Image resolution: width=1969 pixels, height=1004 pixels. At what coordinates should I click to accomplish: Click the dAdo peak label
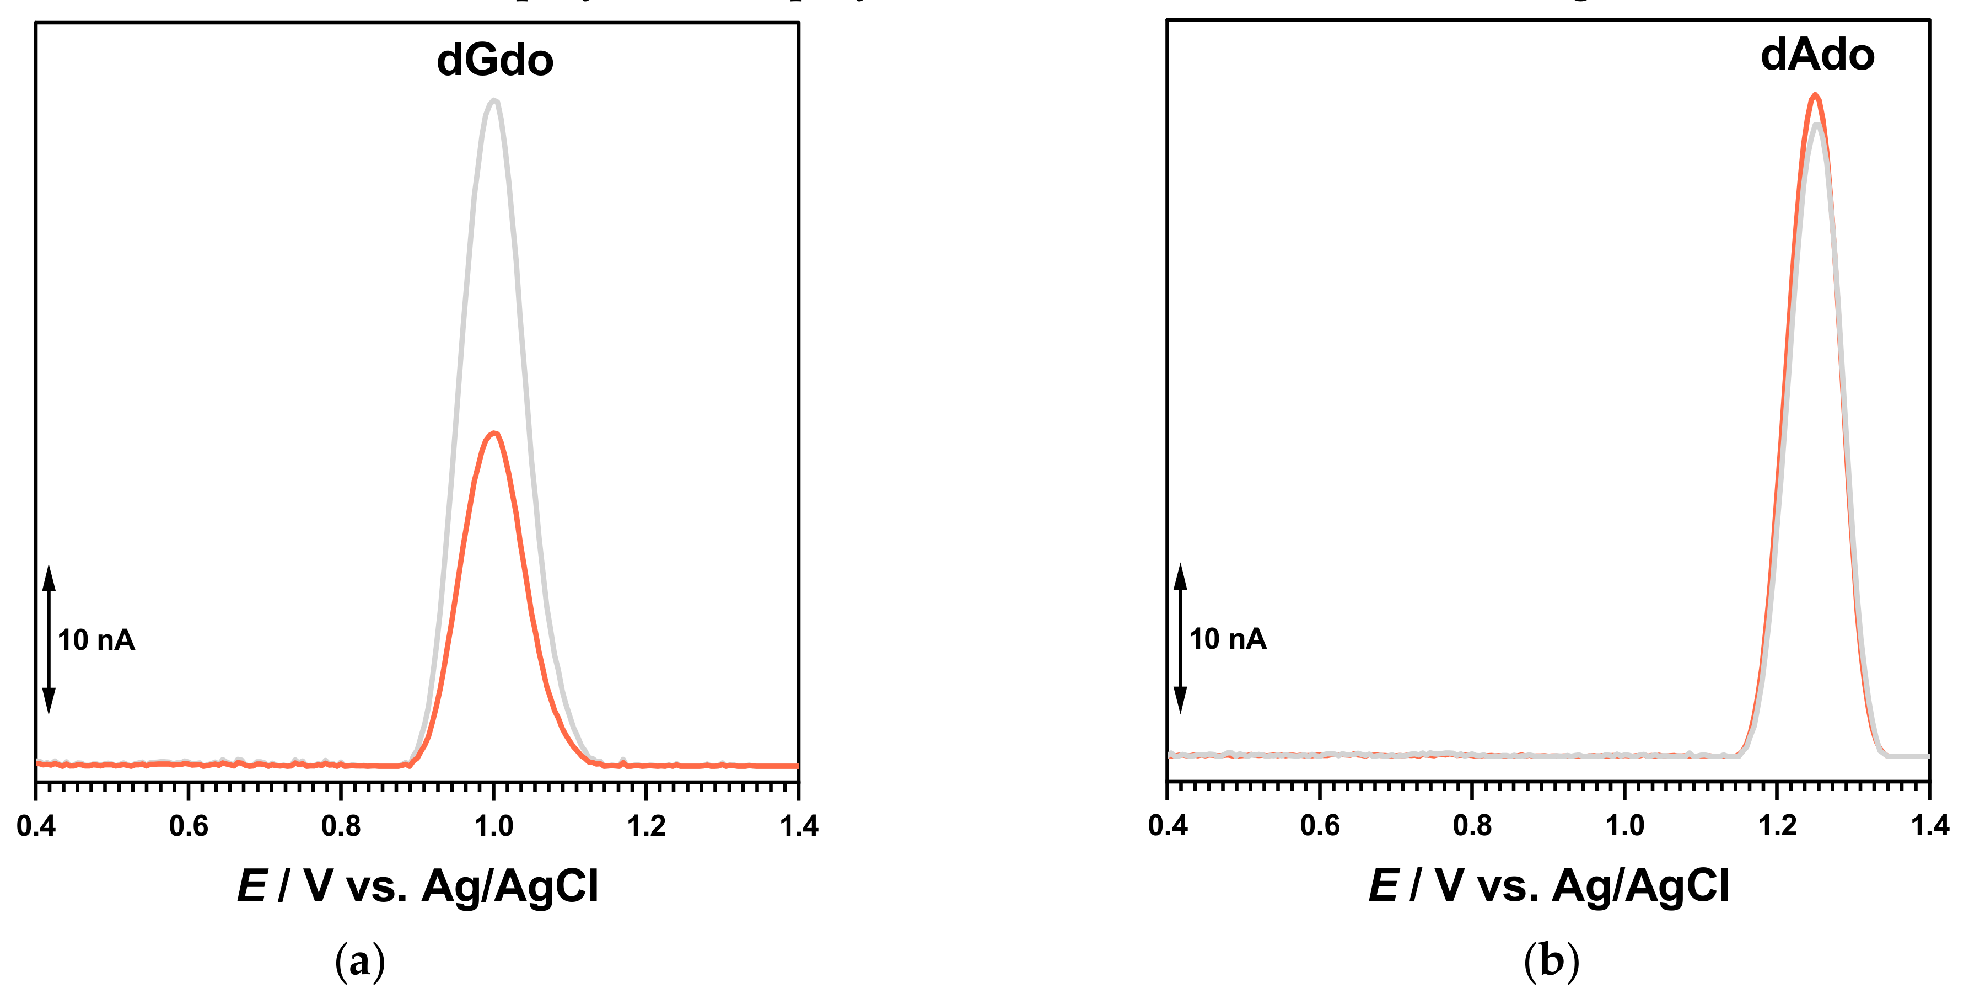[1817, 55]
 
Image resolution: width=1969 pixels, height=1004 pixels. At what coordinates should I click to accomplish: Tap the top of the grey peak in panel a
[494, 100]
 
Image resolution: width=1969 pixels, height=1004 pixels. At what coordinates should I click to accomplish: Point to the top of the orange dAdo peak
[1815, 95]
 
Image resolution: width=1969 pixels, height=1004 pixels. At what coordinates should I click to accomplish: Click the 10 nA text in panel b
[1228, 639]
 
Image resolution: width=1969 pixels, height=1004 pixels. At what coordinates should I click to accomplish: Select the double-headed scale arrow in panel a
[49, 640]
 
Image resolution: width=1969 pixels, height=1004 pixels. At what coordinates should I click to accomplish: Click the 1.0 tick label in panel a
[494, 826]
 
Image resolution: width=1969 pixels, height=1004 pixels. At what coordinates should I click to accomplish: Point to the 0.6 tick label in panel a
[188, 826]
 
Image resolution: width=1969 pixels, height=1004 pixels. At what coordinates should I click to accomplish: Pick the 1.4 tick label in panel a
[799, 826]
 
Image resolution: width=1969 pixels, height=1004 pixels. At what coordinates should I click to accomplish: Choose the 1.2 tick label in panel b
[1777, 826]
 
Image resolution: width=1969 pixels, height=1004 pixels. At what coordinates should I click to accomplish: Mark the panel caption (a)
[360, 962]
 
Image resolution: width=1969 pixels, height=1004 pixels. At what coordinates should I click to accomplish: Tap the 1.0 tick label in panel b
[1624, 826]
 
